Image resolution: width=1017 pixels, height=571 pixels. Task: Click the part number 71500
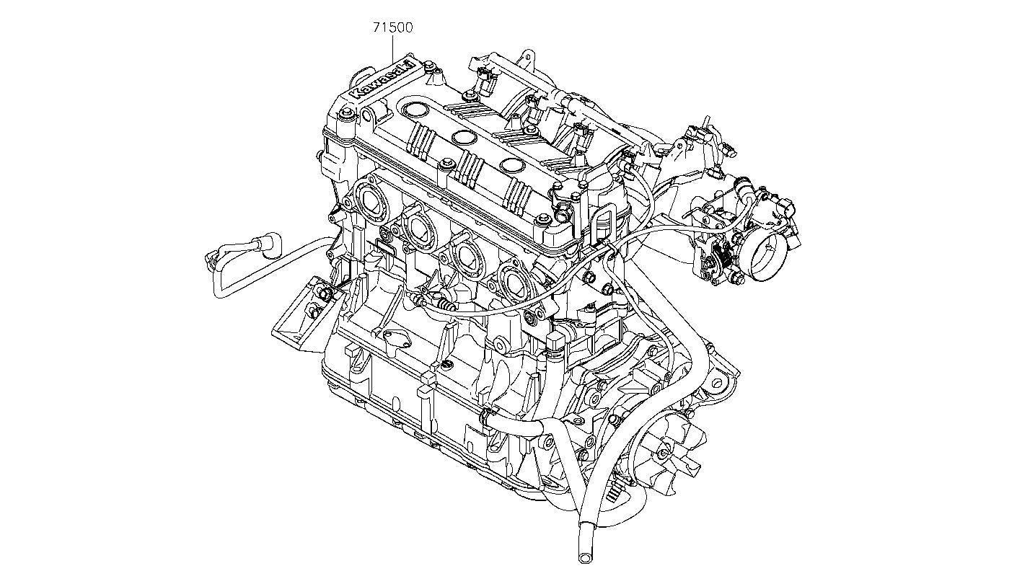click(x=392, y=28)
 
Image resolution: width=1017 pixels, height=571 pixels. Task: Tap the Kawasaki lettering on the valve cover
click(x=382, y=81)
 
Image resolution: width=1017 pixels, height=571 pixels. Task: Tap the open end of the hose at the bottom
click(x=584, y=557)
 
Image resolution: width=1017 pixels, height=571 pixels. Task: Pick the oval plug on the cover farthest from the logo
click(x=513, y=165)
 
